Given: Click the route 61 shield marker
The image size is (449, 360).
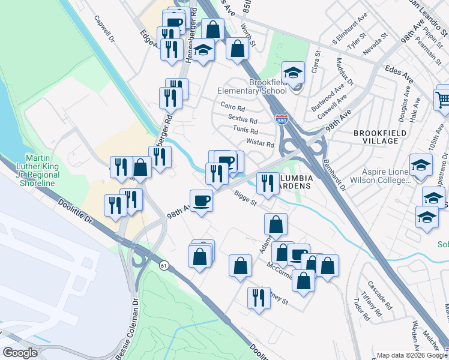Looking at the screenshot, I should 163,265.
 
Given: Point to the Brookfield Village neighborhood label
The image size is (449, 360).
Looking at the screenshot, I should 376,136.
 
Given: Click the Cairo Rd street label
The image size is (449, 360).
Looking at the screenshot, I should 233,109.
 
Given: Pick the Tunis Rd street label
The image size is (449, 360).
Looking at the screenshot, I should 246,130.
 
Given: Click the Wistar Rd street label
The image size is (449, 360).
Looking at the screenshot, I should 260,144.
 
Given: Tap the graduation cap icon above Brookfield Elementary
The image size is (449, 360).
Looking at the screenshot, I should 293,73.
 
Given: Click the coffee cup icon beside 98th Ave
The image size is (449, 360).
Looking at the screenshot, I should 201,200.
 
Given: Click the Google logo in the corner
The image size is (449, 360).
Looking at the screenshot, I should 20,353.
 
